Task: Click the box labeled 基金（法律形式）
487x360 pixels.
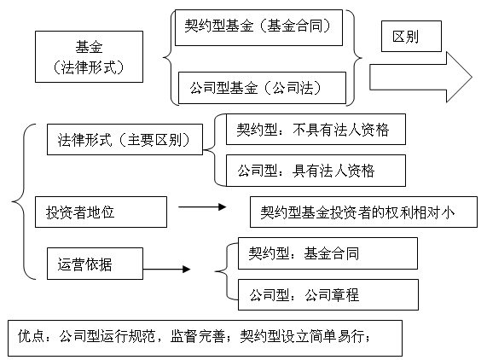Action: pyautogui.click(x=90, y=56)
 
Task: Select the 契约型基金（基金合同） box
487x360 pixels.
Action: pyautogui.click(x=258, y=27)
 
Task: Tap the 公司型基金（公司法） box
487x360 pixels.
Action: pyautogui.click(x=262, y=88)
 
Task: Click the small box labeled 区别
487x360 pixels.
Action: pyautogui.click(x=411, y=37)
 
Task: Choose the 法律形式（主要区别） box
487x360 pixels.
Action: pyautogui.click(x=125, y=139)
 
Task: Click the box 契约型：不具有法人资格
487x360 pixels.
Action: pyautogui.click(x=316, y=129)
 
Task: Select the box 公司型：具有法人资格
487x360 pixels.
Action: pyautogui.click(x=316, y=171)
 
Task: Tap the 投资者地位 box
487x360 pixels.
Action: pyautogui.click(x=101, y=212)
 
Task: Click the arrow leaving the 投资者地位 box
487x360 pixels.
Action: pyautogui.click(x=202, y=206)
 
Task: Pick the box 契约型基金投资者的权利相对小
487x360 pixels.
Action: pyautogui.click(x=363, y=212)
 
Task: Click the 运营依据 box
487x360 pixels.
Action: pyautogui.click(x=95, y=264)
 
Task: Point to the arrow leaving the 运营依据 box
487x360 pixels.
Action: pyautogui.click(x=167, y=269)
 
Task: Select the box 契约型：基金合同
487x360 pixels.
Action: pyautogui.click(x=328, y=253)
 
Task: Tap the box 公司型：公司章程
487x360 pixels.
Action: pyautogui.click(x=328, y=294)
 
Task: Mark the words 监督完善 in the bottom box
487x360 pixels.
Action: pyautogui.click(x=198, y=336)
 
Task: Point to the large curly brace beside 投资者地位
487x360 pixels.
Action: pyautogui.click(x=24, y=201)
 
